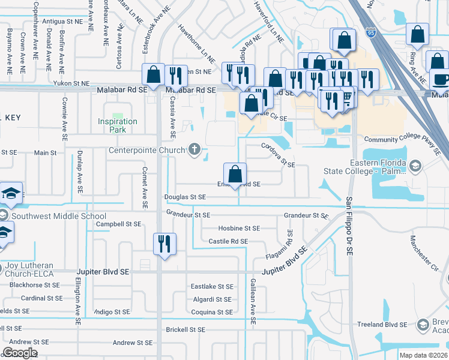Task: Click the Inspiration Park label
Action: click(118, 125)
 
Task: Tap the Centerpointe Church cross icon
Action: click(194, 149)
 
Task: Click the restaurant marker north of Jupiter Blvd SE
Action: click(164, 244)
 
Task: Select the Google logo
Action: click(20, 352)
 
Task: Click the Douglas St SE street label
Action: click(185, 197)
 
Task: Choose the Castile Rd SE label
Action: click(228, 241)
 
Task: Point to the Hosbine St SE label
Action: click(239, 229)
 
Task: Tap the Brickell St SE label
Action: click(185, 329)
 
